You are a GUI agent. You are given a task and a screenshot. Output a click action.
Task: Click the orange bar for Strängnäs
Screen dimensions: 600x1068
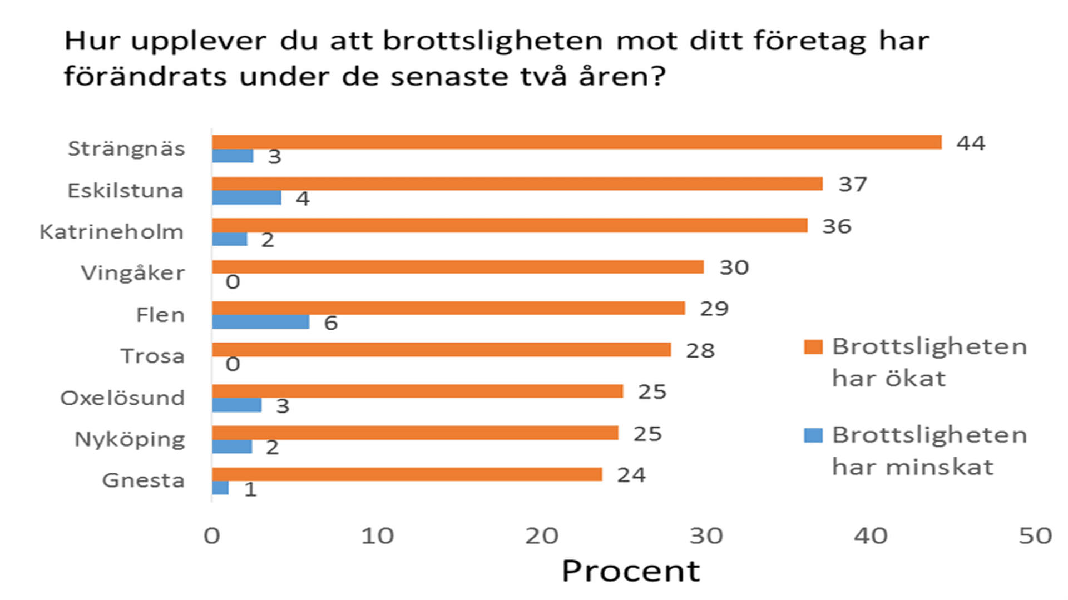576,142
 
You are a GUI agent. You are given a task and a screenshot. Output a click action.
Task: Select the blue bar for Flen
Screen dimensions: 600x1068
260,322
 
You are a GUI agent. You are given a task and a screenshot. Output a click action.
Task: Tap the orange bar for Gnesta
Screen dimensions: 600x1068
407,474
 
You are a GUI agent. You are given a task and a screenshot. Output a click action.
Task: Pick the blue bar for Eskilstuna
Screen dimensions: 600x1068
246,197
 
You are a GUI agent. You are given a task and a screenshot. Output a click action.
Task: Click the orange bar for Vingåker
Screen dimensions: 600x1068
457,267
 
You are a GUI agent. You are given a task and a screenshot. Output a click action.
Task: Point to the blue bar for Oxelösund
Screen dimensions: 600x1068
236,405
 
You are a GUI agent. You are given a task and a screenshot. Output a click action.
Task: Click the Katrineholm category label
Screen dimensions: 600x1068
111,232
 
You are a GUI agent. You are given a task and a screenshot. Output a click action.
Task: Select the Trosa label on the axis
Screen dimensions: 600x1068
152,356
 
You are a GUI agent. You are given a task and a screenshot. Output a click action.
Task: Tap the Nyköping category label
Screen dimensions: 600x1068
130,439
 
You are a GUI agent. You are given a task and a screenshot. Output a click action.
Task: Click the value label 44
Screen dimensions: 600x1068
971,143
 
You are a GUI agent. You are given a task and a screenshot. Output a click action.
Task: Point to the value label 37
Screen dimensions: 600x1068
853,185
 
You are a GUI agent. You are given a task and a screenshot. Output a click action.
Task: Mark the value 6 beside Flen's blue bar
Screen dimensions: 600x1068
331,323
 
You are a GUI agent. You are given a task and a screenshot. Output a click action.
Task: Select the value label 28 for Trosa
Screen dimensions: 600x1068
700,351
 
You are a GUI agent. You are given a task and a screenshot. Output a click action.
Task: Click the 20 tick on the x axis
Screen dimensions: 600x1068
542,536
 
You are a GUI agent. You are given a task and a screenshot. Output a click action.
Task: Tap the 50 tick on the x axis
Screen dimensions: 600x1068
1035,536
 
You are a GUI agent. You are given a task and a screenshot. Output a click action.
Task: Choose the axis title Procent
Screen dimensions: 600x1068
631,571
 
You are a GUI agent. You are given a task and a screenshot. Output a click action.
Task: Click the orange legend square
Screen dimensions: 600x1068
813,346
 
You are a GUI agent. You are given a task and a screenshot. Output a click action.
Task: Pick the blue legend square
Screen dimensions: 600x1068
813,435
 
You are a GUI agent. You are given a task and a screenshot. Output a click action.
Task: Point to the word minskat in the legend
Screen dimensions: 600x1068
939,467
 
